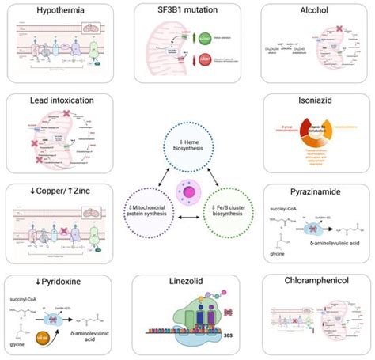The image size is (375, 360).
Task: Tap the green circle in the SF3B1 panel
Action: (x=205, y=38)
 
